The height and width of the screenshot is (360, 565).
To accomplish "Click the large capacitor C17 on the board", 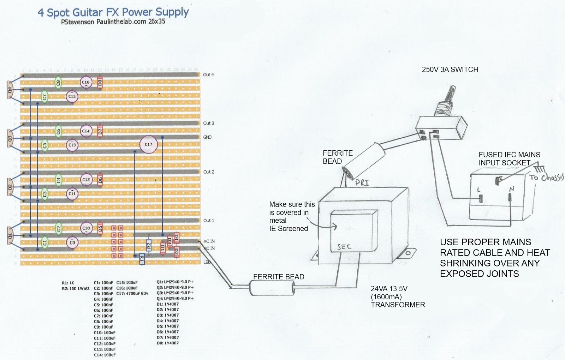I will point(148,144).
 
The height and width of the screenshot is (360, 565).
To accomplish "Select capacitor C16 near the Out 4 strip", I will point(86,82).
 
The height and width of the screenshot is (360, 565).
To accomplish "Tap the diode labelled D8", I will point(100,83).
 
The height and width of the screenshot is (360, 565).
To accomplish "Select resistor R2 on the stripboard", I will point(149,245).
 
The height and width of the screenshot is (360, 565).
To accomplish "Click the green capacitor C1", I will point(44,242).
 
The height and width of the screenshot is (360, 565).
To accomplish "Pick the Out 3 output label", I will point(208,123).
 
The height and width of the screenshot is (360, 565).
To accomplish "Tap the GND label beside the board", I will point(207,137).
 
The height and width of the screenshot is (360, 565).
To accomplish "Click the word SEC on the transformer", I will point(344,247).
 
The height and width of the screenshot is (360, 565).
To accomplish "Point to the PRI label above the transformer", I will point(362,182).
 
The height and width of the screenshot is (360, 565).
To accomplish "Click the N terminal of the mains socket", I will point(511,198).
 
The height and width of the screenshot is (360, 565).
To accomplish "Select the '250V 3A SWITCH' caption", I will point(450,70).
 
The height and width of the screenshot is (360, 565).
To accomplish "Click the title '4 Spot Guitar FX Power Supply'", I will point(113,13).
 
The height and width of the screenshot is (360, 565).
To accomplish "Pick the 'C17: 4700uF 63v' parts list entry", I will point(132,293).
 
